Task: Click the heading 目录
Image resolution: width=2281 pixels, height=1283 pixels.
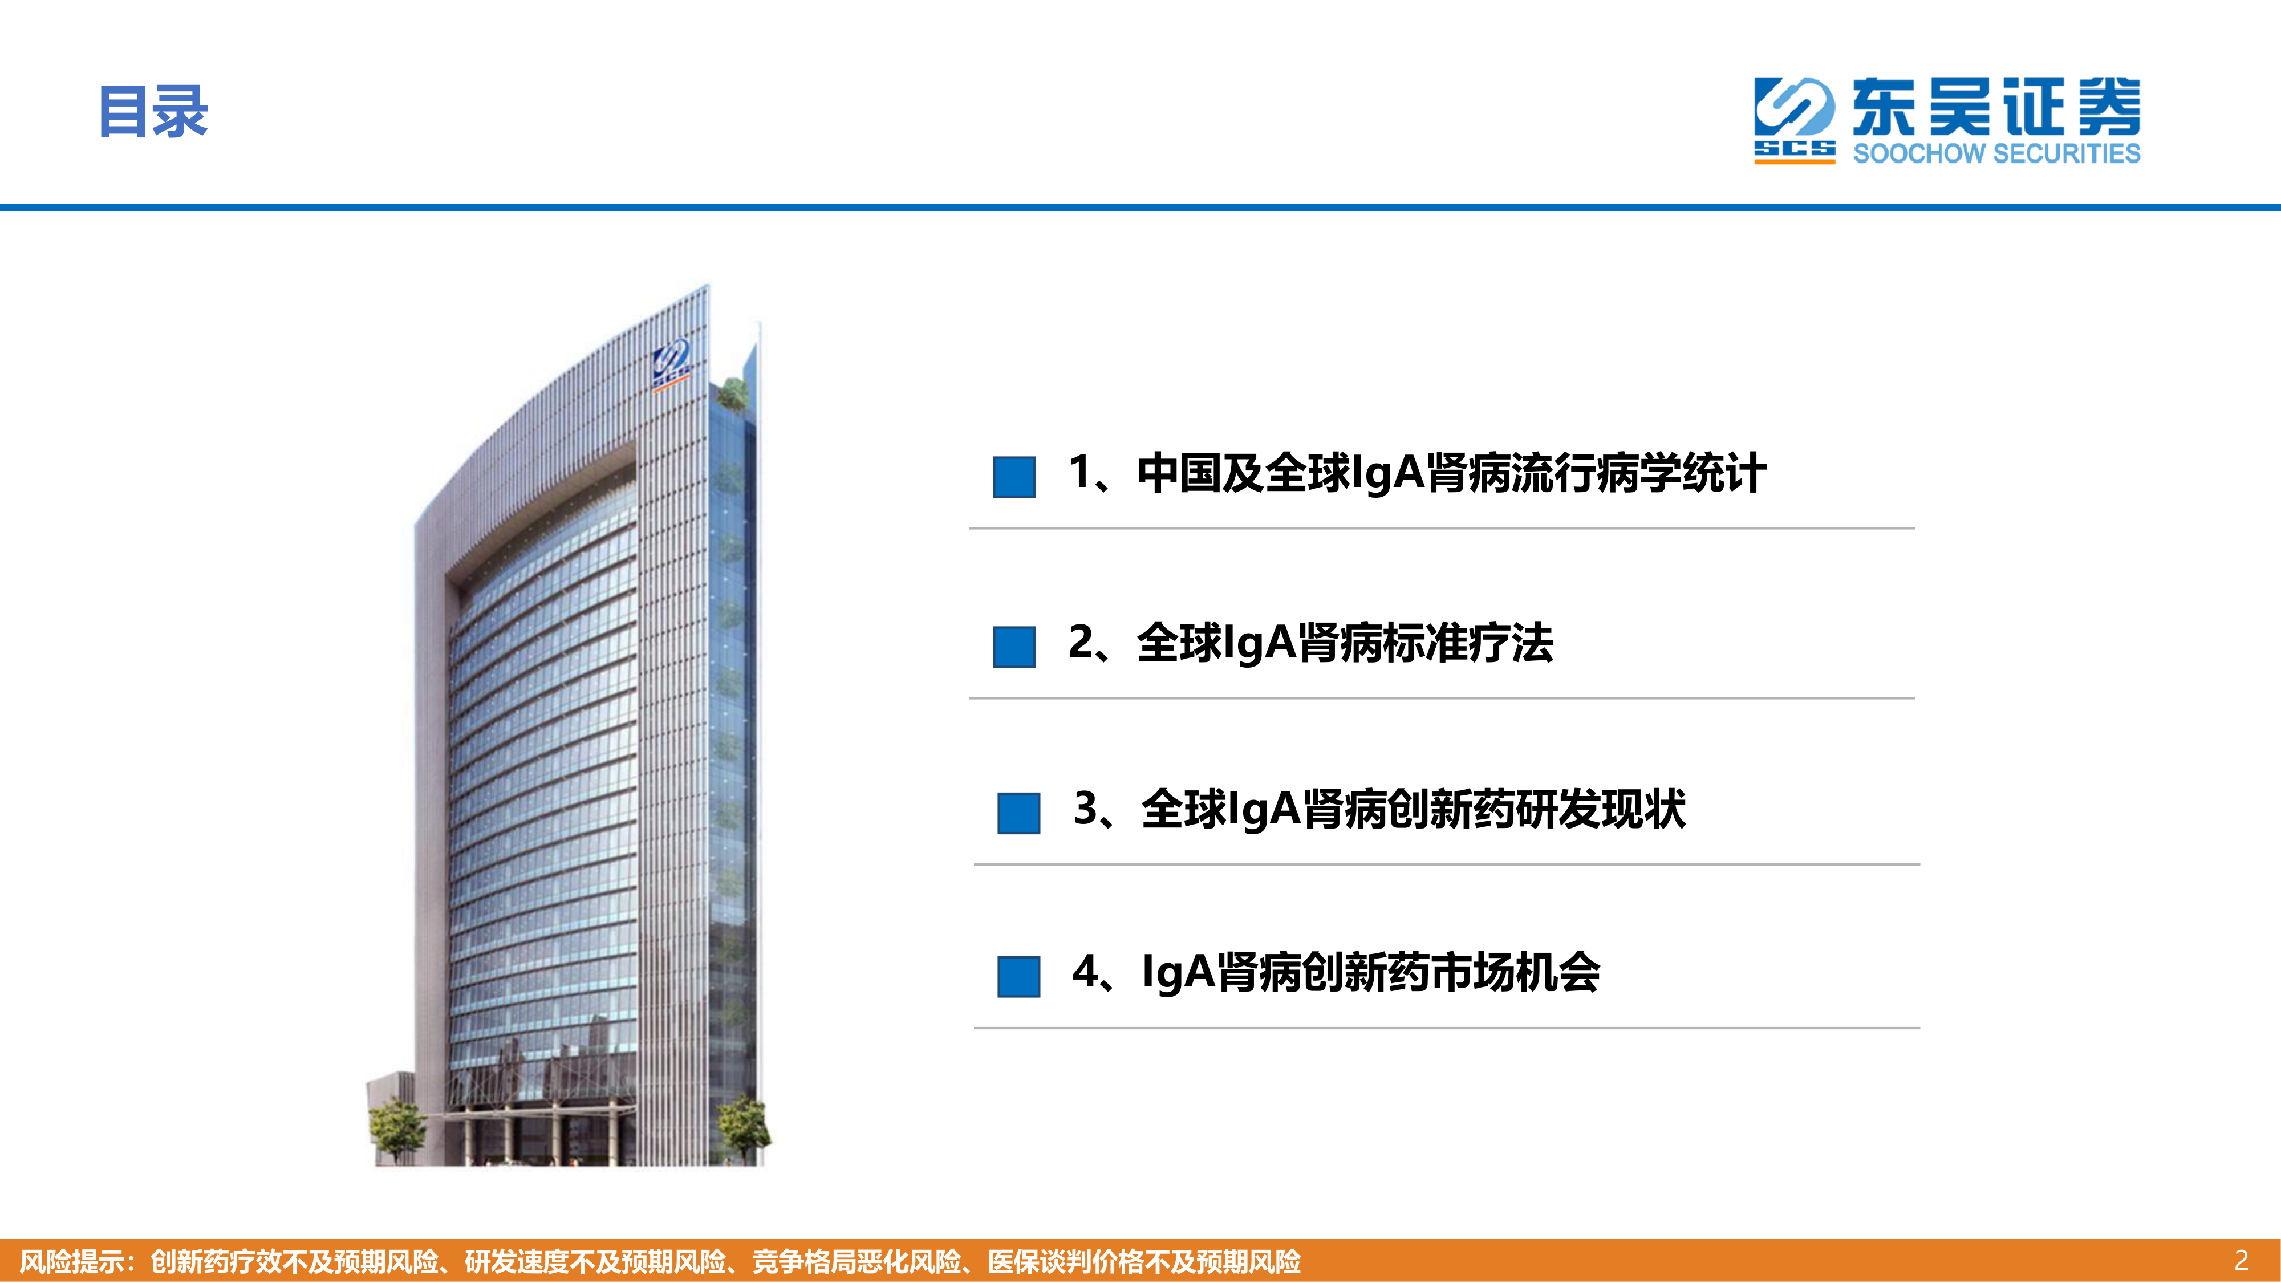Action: click(153, 112)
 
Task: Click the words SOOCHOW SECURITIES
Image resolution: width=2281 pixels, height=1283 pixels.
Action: click(1997, 153)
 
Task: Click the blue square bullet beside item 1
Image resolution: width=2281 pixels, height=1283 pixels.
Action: click(1014, 477)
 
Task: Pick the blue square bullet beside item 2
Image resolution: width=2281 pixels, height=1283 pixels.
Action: click(1014, 647)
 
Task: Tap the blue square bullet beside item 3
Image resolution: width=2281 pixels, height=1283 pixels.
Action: click(1018, 813)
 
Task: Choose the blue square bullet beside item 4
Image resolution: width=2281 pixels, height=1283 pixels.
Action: click(1018, 977)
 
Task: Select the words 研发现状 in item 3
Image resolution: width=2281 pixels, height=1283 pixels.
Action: click(1601, 809)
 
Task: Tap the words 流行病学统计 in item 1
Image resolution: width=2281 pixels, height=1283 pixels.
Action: click(1639, 473)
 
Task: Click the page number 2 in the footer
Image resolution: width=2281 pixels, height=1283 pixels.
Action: click(2241, 1260)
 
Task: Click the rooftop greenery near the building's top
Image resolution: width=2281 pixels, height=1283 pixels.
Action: click(732, 392)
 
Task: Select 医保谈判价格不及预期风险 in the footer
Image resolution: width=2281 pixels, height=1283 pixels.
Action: click(1144, 1261)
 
